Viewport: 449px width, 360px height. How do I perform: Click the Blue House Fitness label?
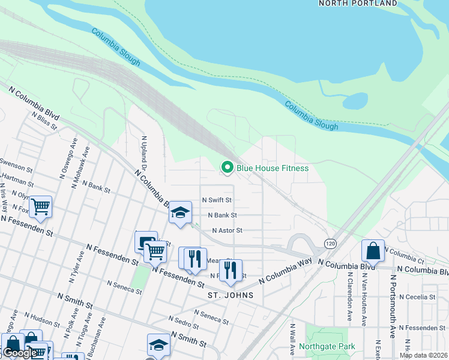(x=273, y=168)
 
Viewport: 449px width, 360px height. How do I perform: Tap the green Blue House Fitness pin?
(x=228, y=168)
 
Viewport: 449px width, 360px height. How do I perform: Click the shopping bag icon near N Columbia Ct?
(x=373, y=251)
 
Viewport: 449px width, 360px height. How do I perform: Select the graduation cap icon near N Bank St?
(x=179, y=212)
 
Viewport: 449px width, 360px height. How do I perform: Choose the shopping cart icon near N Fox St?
(x=40, y=207)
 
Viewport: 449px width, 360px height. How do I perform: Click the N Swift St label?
(x=217, y=200)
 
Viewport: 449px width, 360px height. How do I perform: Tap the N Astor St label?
(x=227, y=230)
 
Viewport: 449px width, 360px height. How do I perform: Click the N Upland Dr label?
(x=144, y=153)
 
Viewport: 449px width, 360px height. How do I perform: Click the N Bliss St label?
(x=44, y=121)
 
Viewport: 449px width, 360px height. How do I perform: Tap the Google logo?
(x=19, y=353)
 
